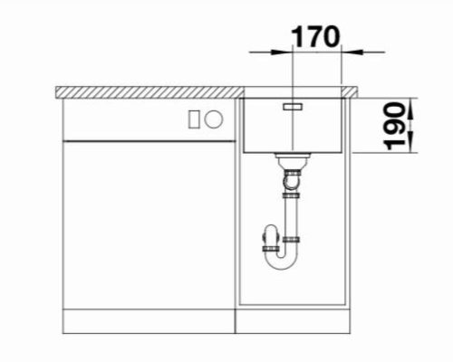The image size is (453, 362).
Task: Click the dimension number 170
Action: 315,37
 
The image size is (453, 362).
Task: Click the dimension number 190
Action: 395,127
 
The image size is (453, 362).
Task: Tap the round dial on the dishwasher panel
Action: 214,119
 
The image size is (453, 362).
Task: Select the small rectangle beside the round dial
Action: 194,119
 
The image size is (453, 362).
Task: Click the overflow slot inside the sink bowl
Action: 293,107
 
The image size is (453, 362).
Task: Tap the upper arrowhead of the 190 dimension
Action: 410,108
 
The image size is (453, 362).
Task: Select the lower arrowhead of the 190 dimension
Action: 410,142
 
